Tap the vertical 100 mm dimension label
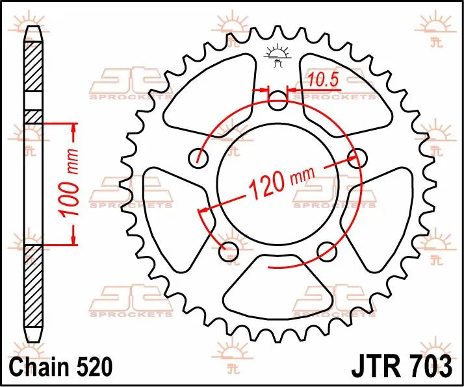[x=72, y=183]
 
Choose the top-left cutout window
[x=208, y=91]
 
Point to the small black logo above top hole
[x=277, y=56]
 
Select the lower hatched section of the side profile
[x=32, y=286]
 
